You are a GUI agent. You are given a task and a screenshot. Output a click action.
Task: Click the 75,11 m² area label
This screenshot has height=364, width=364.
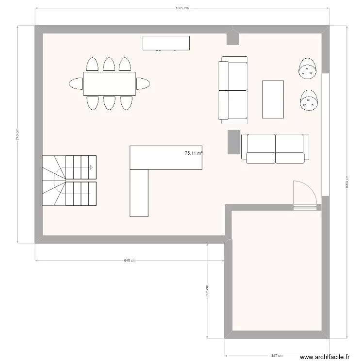point(194,153)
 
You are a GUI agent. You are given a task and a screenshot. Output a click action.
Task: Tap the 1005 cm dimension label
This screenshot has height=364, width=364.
point(182,8)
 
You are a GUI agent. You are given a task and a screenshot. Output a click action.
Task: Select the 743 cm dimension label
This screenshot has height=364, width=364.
point(17,134)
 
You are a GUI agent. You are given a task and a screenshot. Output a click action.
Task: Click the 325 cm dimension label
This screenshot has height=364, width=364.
point(207,291)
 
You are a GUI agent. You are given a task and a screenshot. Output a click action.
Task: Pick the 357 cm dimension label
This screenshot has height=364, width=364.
point(277,354)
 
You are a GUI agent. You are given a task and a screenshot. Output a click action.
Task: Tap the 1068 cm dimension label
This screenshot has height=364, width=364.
point(347,183)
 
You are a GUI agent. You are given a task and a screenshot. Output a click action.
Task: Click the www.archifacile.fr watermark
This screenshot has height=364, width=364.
point(325,357)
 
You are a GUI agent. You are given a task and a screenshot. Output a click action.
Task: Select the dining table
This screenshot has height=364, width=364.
point(109,83)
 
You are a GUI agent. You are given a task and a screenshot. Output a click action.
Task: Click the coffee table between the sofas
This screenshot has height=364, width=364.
point(273,99)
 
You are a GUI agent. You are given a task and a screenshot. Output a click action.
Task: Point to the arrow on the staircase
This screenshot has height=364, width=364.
point(90,167)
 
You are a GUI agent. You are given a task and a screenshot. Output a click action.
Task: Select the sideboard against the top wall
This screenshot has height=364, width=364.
point(165,43)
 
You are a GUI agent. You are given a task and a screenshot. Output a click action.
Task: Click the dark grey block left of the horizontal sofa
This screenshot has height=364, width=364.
point(234,142)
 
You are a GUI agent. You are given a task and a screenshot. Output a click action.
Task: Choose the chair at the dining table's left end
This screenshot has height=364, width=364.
point(76,83)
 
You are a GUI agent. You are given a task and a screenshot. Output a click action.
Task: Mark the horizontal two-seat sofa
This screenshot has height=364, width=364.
point(275,148)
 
